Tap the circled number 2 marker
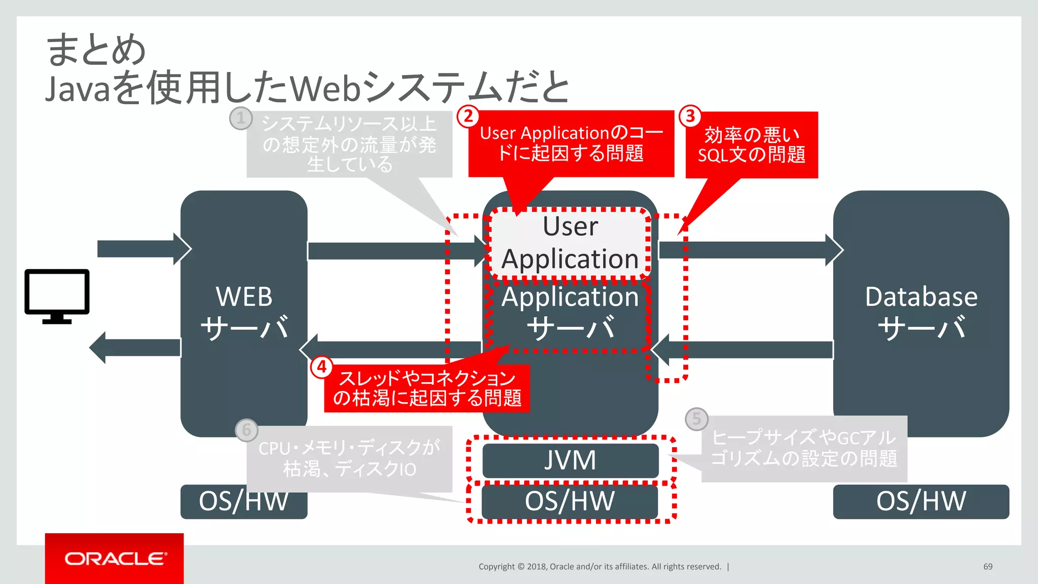coord(468,117)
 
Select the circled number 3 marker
coord(690,117)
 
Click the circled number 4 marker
coord(322,367)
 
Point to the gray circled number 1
coord(241,119)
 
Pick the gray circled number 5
coord(696,419)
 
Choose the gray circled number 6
coord(246,430)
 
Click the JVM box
coord(570,460)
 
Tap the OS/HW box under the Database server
coord(920,501)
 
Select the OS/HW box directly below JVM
coord(570,501)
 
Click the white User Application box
coord(570,243)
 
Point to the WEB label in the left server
coord(244,297)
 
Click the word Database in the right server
coord(921,297)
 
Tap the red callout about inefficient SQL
coord(751,145)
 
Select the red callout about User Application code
coord(571,143)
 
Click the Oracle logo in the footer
coord(115,559)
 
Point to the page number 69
coord(988,566)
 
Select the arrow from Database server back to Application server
coord(743,350)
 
